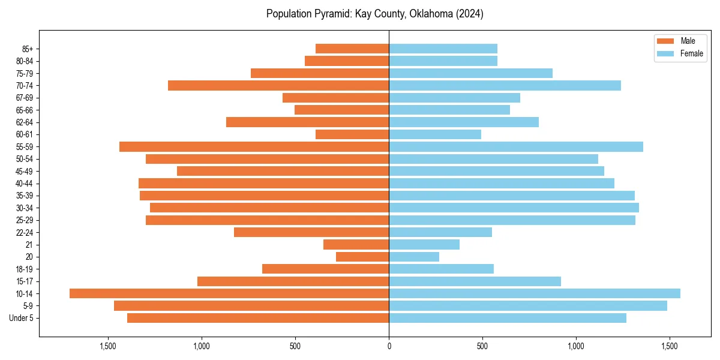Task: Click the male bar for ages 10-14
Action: pos(229,293)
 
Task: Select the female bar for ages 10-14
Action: pos(535,293)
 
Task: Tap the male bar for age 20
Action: pos(362,257)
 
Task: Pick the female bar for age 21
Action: pos(424,245)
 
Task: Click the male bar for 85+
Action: pos(352,49)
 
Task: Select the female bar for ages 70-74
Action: pos(505,85)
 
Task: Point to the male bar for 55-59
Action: pos(254,146)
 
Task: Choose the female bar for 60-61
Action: pos(435,134)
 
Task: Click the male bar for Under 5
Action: pos(258,318)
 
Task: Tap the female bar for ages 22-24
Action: pos(440,232)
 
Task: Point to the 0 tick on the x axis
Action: pos(389,346)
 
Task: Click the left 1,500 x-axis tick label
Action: pos(108,346)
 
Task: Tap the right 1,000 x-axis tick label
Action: pos(576,346)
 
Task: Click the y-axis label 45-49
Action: pos(25,171)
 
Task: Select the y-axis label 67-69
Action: pos(25,98)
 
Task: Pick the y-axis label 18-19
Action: pos(25,269)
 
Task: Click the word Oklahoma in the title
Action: pos(430,14)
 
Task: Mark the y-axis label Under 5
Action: pos(22,318)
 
